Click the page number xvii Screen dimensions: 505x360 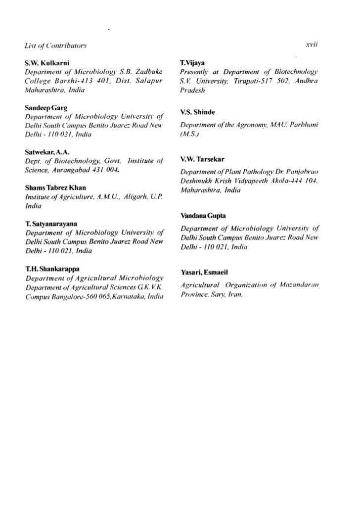coord(312,45)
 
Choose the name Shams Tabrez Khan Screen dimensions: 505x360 coord(55,188)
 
